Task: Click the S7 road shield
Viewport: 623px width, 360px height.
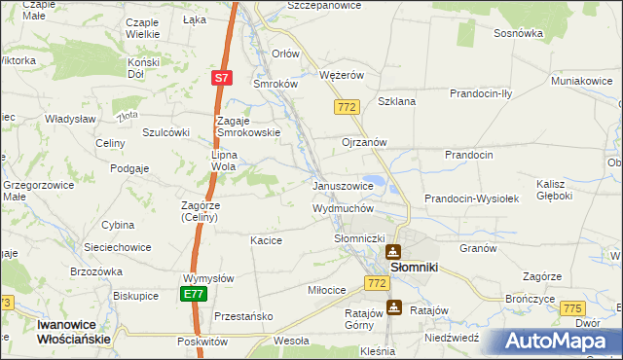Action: [x=222, y=78]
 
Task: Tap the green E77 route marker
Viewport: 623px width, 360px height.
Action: [x=194, y=293]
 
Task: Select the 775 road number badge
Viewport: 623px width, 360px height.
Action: [x=573, y=307]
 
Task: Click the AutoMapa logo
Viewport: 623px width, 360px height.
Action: [x=561, y=342]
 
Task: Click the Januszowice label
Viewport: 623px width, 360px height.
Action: [x=343, y=186]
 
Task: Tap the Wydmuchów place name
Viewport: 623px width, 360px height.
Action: [x=343, y=208]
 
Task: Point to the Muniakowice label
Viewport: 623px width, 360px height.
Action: [x=586, y=80]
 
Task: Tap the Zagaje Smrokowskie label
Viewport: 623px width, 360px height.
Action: [x=235, y=126]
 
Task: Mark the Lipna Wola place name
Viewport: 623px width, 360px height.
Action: [x=225, y=160]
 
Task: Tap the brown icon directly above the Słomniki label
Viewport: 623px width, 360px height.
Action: [x=394, y=251]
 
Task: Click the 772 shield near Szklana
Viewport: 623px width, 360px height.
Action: [x=347, y=106]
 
